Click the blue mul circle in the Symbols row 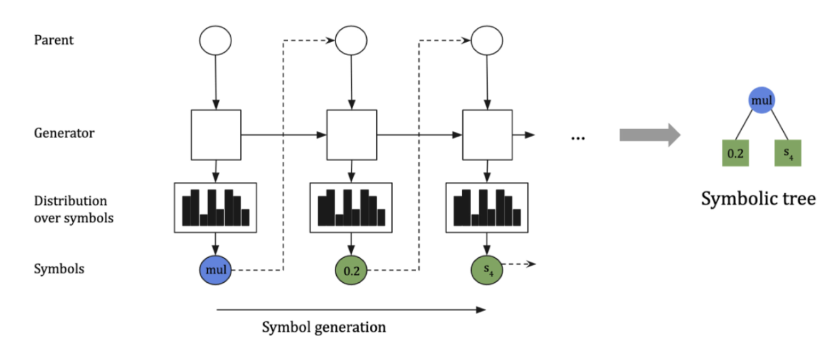pyautogui.click(x=215, y=270)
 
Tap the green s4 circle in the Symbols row pyautogui.click(x=487, y=270)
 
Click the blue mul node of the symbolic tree pyautogui.click(x=761, y=99)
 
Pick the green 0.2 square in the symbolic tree pyautogui.click(x=735, y=153)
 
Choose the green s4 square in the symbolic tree pyautogui.click(x=788, y=153)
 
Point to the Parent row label pyautogui.click(x=54, y=40)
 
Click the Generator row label pyautogui.click(x=64, y=134)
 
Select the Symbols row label pyautogui.click(x=59, y=269)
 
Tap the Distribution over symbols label pyautogui.click(x=74, y=209)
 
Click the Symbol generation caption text pyautogui.click(x=324, y=327)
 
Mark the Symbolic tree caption pyautogui.click(x=758, y=199)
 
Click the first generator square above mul pyautogui.click(x=215, y=135)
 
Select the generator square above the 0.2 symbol pyautogui.click(x=351, y=135)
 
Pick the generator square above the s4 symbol pyautogui.click(x=487, y=135)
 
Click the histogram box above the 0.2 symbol pyautogui.click(x=351, y=208)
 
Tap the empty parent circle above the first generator pyautogui.click(x=215, y=41)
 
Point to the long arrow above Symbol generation pyautogui.click(x=351, y=309)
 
